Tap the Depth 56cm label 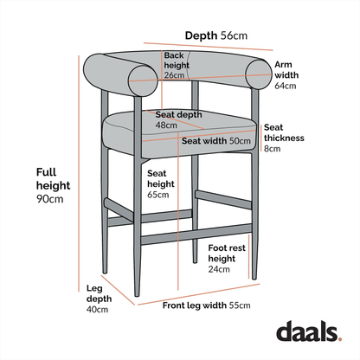click(x=216, y=35)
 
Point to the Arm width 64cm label click(x=286, y=75)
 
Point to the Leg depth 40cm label click(x=96, y=299)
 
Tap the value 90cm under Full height click(x=50, y=199)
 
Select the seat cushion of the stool click(x=173, y=137)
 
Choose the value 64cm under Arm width click(x=286, y=86)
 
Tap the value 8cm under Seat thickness click(x=272, y=149)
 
